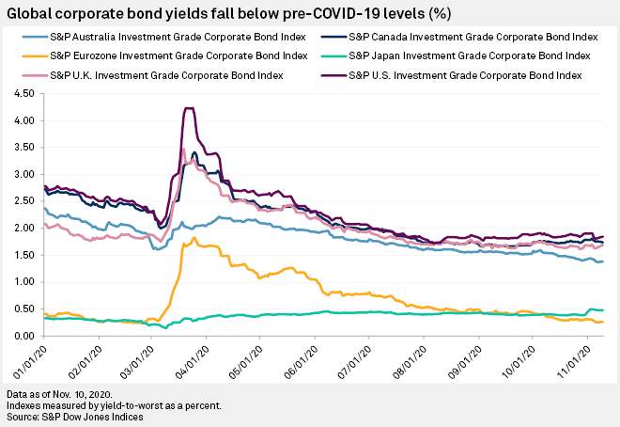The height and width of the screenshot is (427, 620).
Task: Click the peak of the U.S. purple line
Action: pyautogui.click(x=190, y=109)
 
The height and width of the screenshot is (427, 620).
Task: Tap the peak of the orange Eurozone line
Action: pyautogui.click(x=193, y=239)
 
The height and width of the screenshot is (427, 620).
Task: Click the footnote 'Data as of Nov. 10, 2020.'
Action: pyautogui.click(x=63, y=392)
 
